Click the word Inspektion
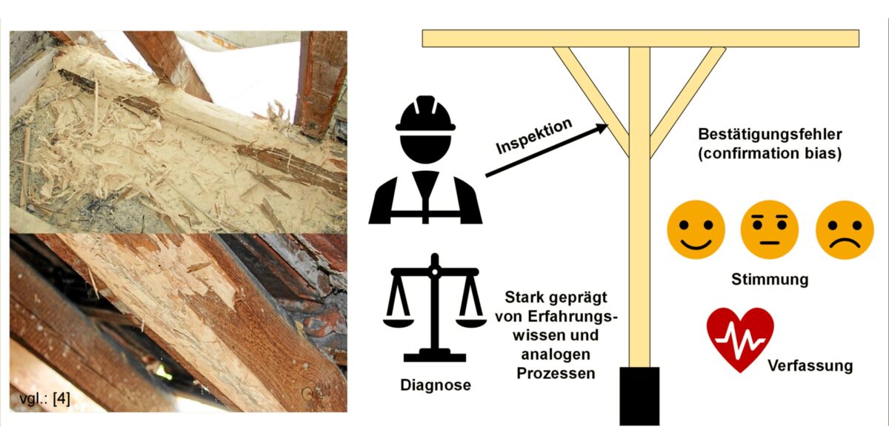click(534, 136)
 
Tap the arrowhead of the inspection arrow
click(602, 128)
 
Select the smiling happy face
click(696, 230)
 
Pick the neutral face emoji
click(770, 230)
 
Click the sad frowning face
click(845, 230)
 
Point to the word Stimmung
click(770, 280)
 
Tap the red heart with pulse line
click(740, 340)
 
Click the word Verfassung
click(810, 366)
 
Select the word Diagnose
click(436, 385)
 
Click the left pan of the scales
click(398, 321)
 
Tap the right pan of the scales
click(471, 321)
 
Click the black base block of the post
click(639, 396)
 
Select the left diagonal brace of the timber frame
click(591, 102)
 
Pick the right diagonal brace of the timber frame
click(687, 102)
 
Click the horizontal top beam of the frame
click(641, 38)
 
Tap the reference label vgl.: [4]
click(45, 398)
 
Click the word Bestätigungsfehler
click(770, 135)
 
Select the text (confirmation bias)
click(770, 153)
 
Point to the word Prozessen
click(556, 374)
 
